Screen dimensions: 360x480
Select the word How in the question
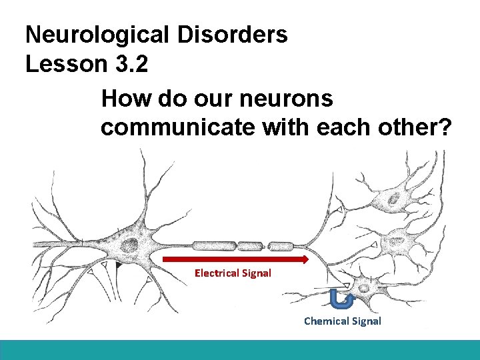pyautogui.click(x=127, y=99)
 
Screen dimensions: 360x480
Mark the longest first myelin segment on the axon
pyautogui.click(x=213, y=244)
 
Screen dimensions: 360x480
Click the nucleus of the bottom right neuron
pyautogui.click(x=364, y=287)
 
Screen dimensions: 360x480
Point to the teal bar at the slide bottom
pyautogui.click(x=240, y=350)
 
